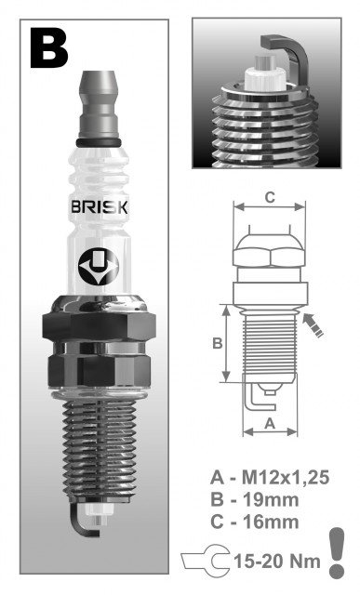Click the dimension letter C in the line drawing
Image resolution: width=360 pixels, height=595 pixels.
pyautogui.click(x=269, y=197)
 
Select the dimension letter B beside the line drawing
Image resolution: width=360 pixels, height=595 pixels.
pyautogui.click(x=216, y=343)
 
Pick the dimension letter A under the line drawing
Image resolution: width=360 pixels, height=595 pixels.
pyautogui.click(x=269, y=423)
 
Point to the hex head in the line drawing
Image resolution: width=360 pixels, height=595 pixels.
pyautogui.click(x=269, y=249)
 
